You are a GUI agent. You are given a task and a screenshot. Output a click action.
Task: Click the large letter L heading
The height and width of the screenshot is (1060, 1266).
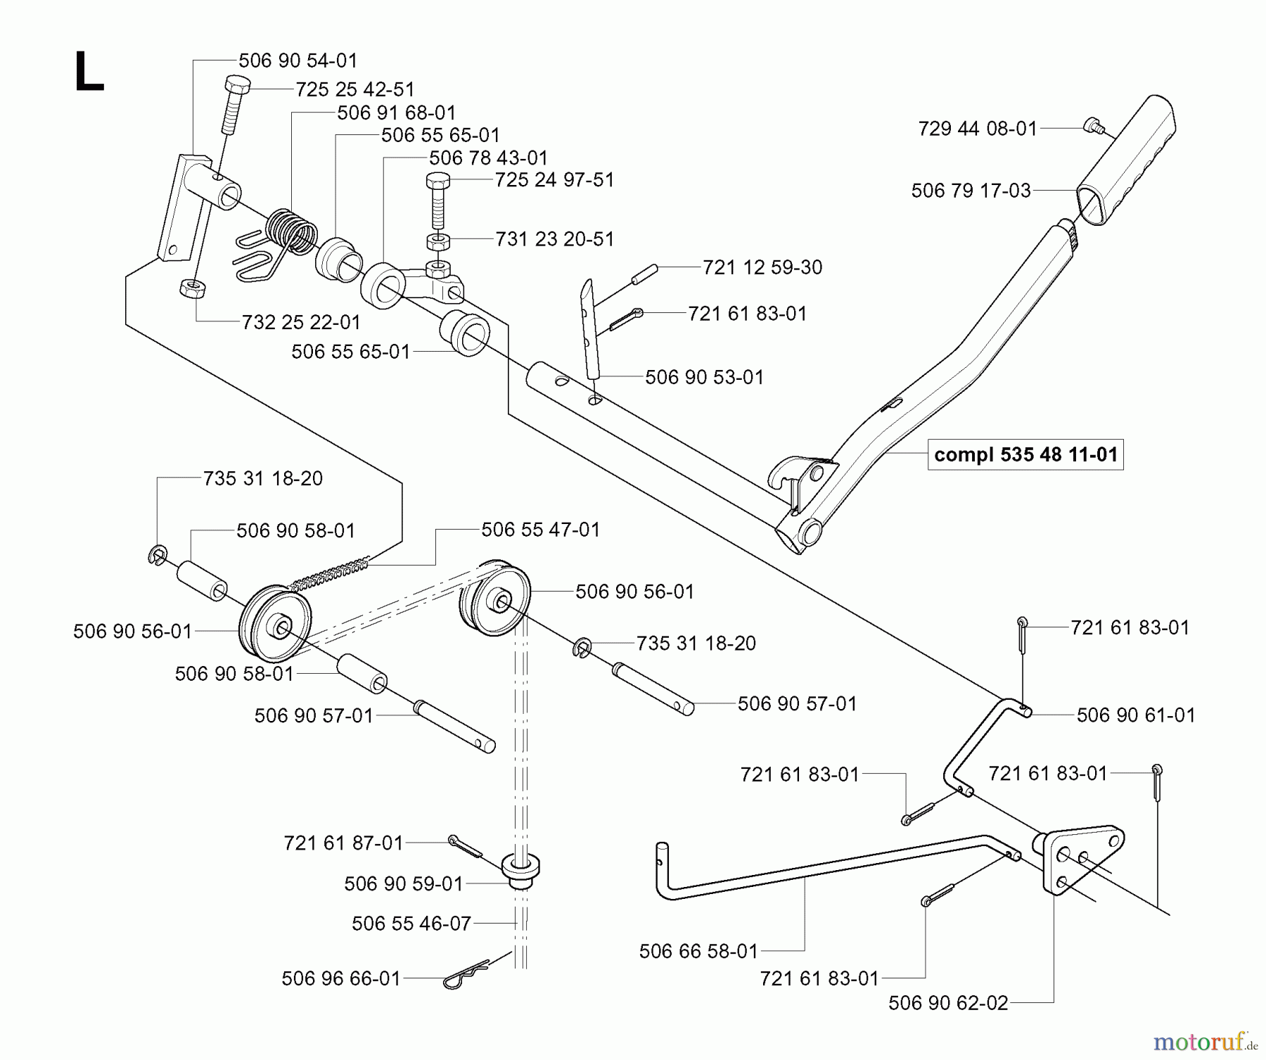pyautogui.click(x=89, y=73)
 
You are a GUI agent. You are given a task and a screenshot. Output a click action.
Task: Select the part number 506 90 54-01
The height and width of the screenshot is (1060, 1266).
pyautogui.click(x=298, y=60)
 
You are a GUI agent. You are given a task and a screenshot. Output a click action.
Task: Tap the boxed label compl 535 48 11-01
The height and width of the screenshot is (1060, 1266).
pyautogui.click(x=1025, y=454)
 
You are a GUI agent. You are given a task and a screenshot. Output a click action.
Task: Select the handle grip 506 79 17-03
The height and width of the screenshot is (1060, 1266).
pyautogui.click(x=1125, y=162)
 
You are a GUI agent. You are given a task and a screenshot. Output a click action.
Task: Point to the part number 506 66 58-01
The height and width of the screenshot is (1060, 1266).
pyautogui.click(x=698, y=952)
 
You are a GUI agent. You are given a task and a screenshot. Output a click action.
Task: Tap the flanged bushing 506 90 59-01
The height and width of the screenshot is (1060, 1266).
pyautogui.click(x=520, y=870)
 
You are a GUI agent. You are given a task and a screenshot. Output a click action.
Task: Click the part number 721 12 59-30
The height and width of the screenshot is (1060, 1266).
pyautogui.click(x=762, y=267)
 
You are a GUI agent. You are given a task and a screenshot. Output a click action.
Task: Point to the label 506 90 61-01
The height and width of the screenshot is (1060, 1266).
pyautogui.click(x=1135, y=715)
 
